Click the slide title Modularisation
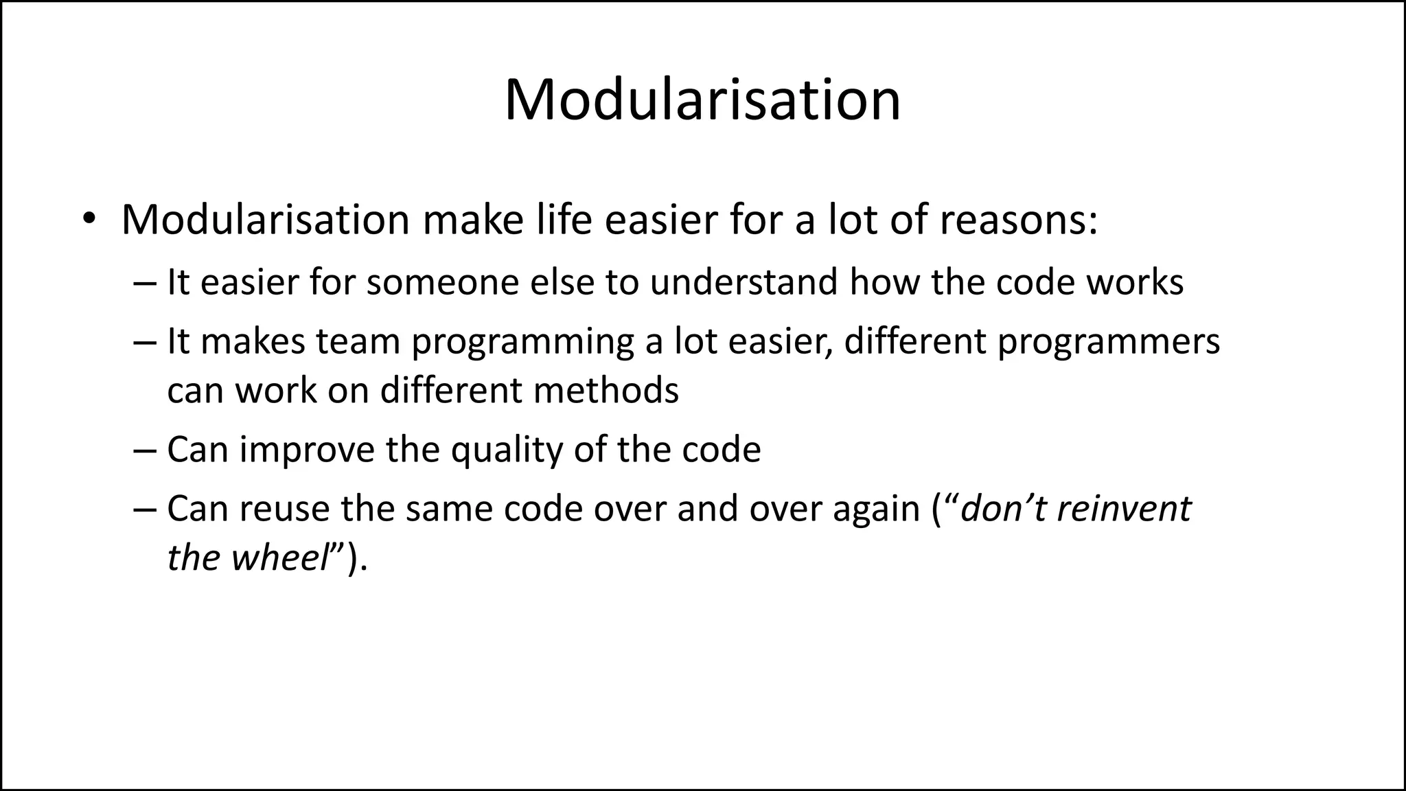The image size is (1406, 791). [702, 100]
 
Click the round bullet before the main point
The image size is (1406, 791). [89, 220]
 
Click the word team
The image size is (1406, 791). [358, 341]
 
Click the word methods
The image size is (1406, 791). [606, 391]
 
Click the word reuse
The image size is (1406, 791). [284, 509]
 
